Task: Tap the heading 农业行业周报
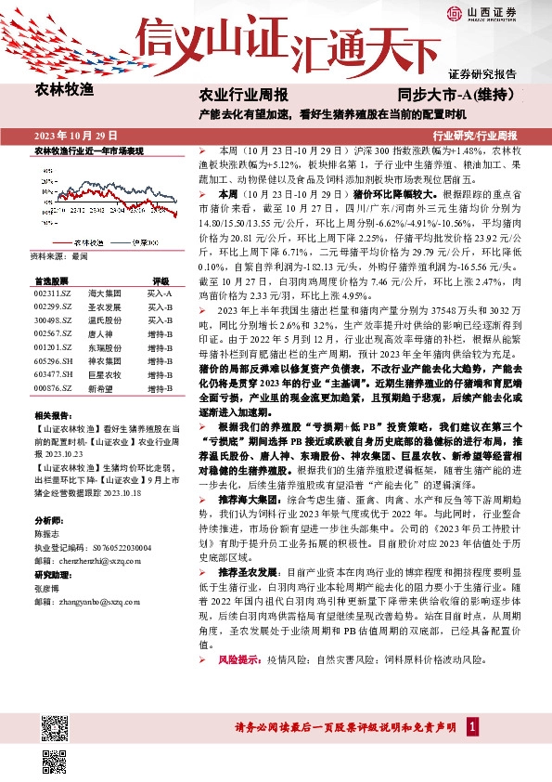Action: (x=244, y=96)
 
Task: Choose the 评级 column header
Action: (x=160, y=279)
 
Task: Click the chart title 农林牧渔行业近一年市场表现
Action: (x=89, y=150)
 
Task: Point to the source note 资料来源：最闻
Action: (x=59, y=254)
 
